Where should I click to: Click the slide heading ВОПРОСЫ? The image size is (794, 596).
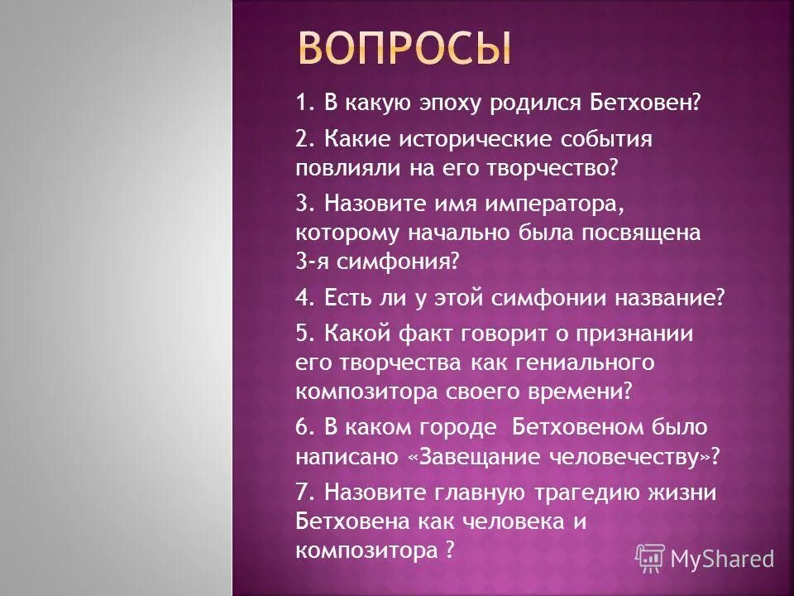point(404,49)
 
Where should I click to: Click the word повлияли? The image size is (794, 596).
point(345,169)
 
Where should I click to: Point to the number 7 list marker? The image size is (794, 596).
point(301,493)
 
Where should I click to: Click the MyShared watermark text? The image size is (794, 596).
point(722,560)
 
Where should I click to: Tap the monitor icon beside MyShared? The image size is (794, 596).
point(651,558)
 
